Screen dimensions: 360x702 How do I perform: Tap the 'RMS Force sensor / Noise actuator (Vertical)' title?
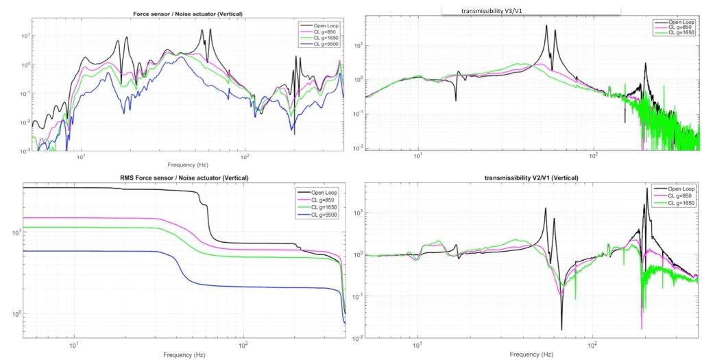click(x=181, y=178)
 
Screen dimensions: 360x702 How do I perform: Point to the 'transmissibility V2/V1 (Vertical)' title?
click(x=527, y=178)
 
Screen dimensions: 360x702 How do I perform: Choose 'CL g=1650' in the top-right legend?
click(x=675, y=32)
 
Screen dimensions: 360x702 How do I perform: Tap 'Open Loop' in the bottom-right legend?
click(x=677, y=189)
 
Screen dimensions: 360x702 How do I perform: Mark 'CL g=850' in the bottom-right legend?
click(x=676, y=195)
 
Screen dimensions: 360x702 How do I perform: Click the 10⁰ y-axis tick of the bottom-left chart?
click(x=15, y=313)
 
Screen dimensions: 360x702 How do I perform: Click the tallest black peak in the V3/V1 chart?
click(x=546, y=26)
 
